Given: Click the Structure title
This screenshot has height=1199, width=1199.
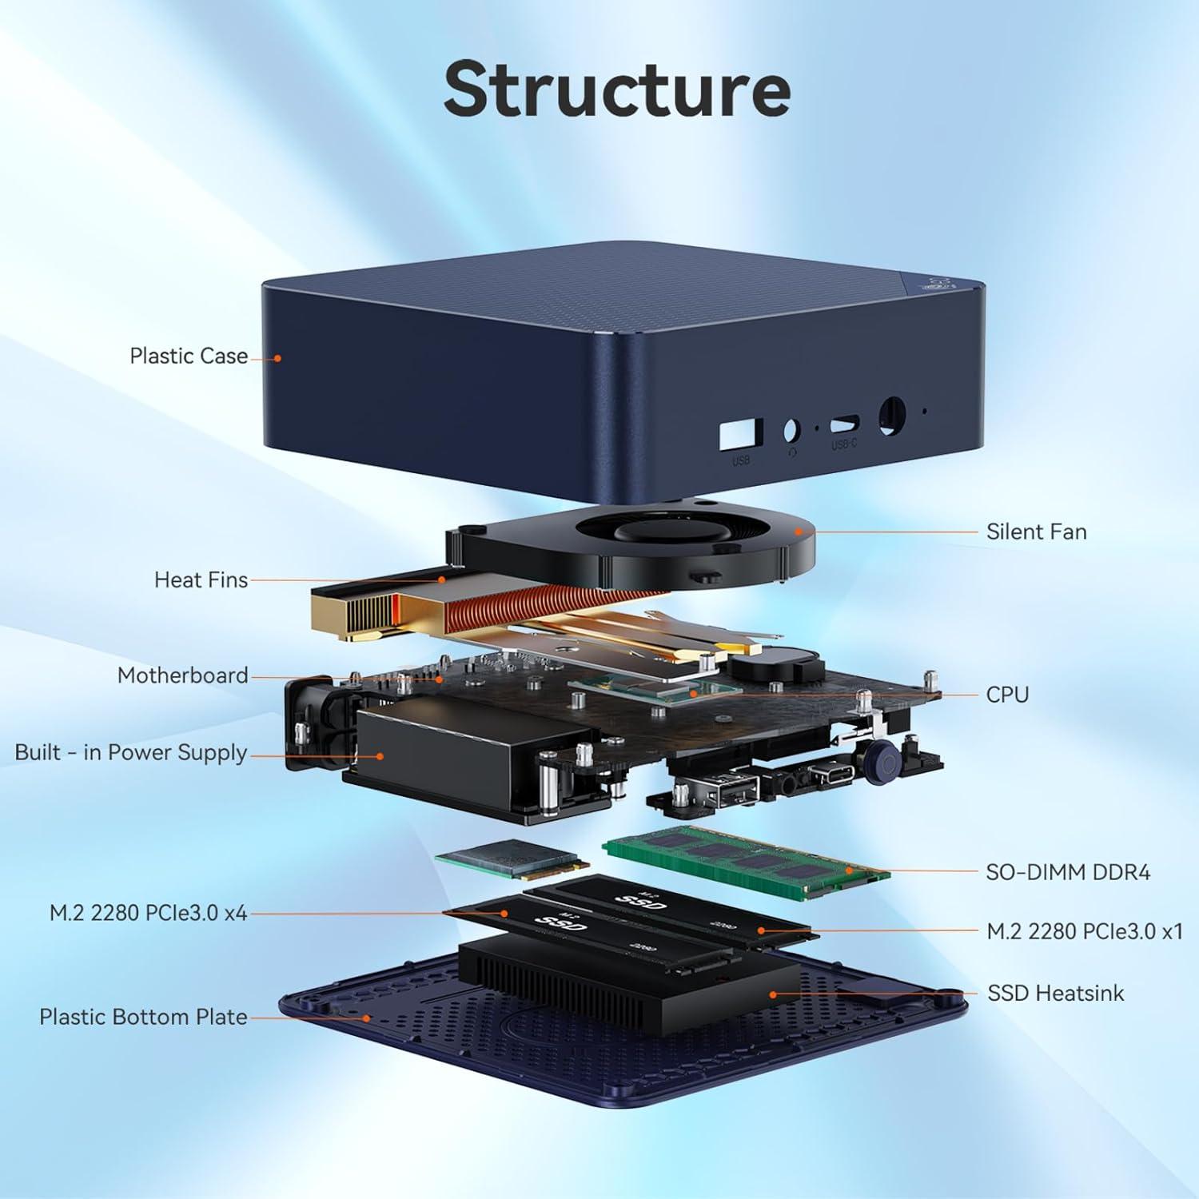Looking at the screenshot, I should point(617,89).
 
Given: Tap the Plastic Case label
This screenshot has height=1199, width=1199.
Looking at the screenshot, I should point(189,356).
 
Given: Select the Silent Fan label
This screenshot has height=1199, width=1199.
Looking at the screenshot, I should point(1036,532).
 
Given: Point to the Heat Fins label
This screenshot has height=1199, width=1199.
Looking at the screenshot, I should point(201,580).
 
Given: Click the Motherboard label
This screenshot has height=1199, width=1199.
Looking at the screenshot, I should point(182,675).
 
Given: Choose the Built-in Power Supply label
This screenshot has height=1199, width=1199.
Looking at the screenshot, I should point(131,753).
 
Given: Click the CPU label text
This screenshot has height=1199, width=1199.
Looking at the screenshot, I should point(1006,695).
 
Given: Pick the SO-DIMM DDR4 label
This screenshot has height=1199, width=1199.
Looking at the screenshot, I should point(1067,872).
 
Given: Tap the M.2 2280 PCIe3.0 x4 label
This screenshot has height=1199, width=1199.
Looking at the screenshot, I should point(148,913).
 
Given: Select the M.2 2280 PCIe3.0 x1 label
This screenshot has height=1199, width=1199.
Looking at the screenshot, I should point(1084,931).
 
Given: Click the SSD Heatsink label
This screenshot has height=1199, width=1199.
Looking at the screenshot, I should point(1055,994).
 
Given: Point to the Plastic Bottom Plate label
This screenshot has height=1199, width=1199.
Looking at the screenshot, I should point(143,1017).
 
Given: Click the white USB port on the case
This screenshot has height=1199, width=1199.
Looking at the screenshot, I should point(740,435).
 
